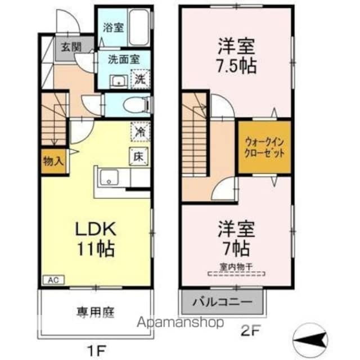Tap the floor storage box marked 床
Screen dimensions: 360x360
click(x=138, y=156)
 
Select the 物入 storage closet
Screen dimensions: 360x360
click(x=53, y=162)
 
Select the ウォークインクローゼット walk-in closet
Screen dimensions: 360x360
click(x=264, y=147)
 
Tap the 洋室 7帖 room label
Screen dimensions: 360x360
click(x=237, y=237)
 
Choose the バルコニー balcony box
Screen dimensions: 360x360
click(x=223, y=303)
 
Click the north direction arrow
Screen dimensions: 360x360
click(x=308, y=340)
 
